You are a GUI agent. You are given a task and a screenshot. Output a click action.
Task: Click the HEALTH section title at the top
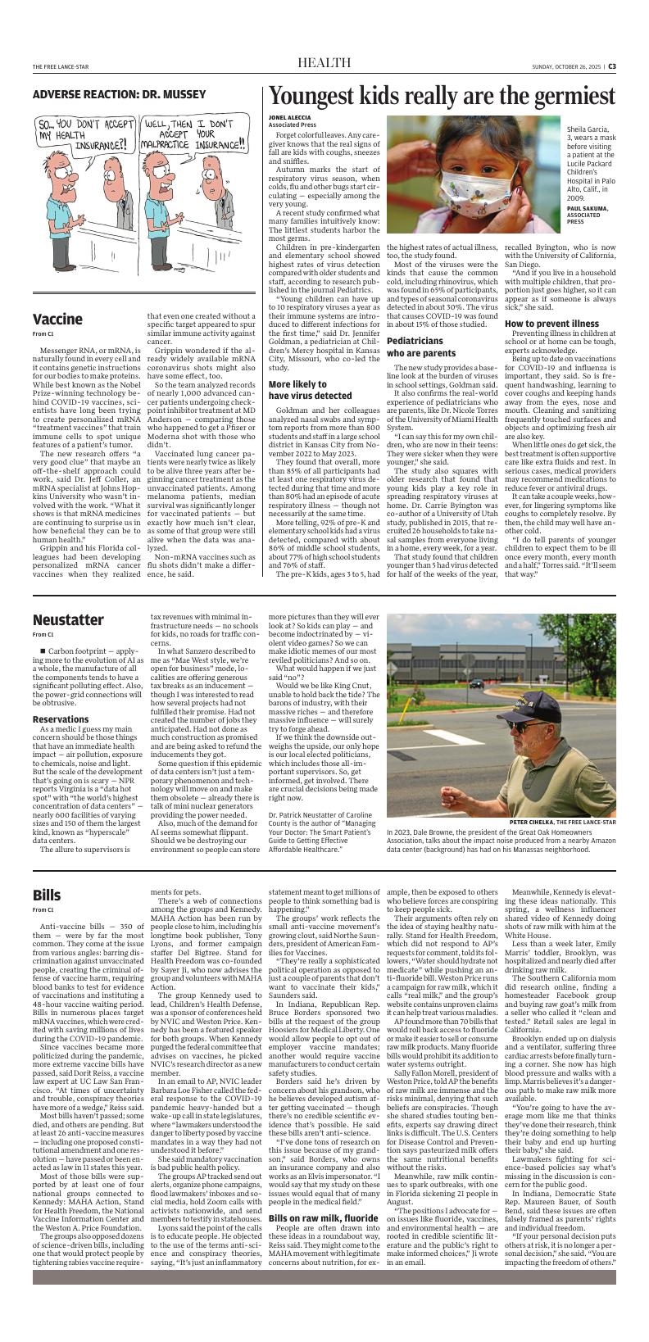pyautogui.click(x=324, y=65)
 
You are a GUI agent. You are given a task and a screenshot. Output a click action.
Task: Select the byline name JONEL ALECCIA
pyautogui.click(x=289, y=117)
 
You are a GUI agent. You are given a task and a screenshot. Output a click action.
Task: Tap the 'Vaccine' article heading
pyautogui.click(x=57, y=319)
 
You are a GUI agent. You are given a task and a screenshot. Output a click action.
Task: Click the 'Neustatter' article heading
pyautogui.click(x=68, y=619)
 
